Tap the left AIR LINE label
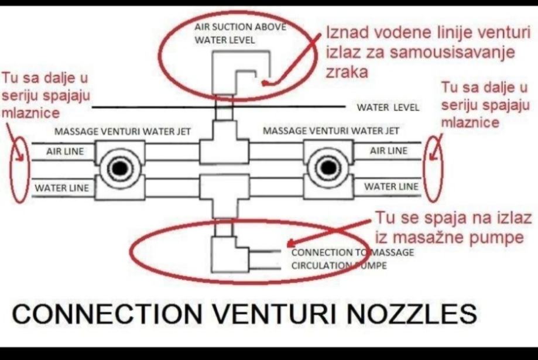click(x=65, y=152)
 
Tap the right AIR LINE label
click(x=389, y=151)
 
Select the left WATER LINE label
click(x=62, y=188)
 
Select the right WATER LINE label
click(x=392, y=187)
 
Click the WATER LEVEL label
click(x=388, y=108)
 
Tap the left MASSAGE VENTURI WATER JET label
click(x=123, y=131)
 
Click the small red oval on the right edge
click(x=434, y=168)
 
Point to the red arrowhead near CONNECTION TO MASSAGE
click(x=290, y=245)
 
